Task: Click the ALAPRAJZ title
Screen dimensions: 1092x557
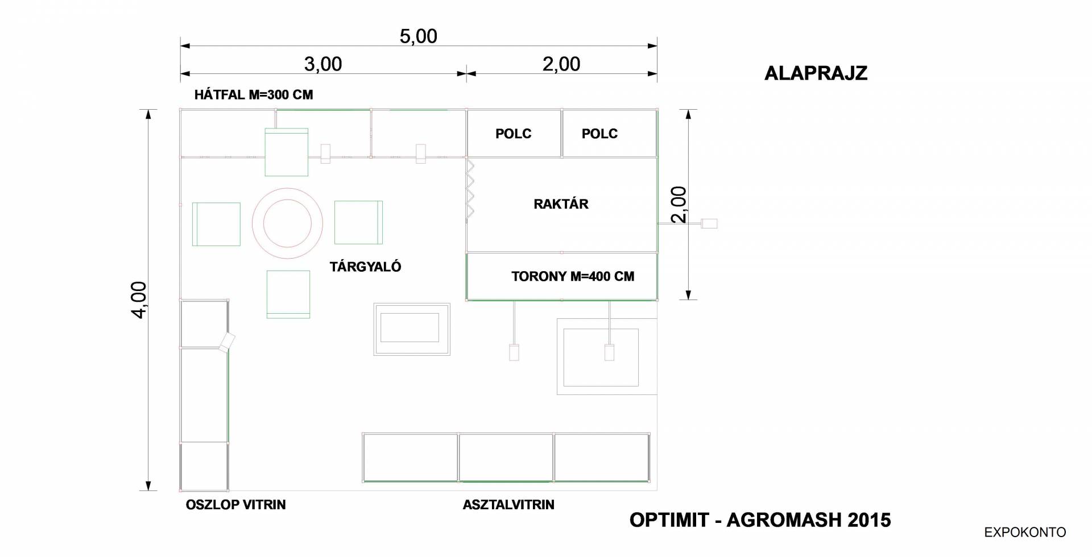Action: click(816, 73)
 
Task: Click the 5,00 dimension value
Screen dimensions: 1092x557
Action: click(418, 36)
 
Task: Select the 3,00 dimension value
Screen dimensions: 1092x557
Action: click(323, 64)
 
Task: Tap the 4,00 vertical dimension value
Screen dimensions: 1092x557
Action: click(139, 300)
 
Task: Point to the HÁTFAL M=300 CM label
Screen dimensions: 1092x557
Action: click(254, 94)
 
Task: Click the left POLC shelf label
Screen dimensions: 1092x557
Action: click(513, 134)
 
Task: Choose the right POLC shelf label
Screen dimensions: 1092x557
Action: click(599, 134)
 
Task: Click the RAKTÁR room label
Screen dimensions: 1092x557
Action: click(561, 204)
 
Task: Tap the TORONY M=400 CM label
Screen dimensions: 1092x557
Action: click(573, 277)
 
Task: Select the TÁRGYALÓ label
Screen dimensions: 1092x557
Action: click(365, 267)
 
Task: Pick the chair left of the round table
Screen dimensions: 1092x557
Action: click(216, 224)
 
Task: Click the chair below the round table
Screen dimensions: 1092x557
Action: click(288, 294)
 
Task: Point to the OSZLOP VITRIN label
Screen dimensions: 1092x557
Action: click(235, 505)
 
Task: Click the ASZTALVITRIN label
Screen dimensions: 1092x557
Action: click(508, 505)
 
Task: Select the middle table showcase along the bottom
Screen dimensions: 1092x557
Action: click(506, 458)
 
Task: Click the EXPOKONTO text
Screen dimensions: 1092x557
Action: click(1025, 533)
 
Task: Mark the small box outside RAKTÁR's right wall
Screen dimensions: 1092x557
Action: click(709, 223)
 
